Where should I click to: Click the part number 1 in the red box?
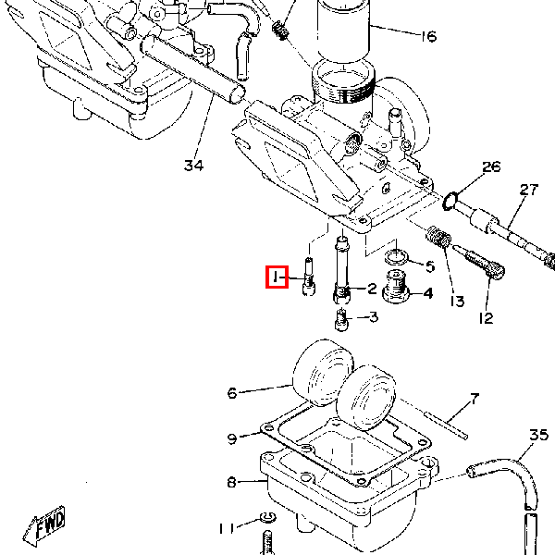[275, 277]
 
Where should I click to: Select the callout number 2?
[372, 289]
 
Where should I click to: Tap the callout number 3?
[374, 316]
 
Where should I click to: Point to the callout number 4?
[428, 293]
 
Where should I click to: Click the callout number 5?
[430, 266]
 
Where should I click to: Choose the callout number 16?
[428, 36]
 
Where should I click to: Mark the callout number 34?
[194, 166]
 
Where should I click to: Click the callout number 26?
[491, 166]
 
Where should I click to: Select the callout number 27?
[529, 190]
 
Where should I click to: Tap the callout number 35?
[539, 435]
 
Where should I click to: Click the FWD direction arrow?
[43, 525]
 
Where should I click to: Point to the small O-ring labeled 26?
[450, 201]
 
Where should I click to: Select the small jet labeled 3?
[341, 320]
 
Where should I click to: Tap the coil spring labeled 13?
[438, 237]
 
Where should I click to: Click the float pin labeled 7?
[446, 425]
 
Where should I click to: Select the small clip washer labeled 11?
[268, 518]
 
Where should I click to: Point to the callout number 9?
[232, 438]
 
